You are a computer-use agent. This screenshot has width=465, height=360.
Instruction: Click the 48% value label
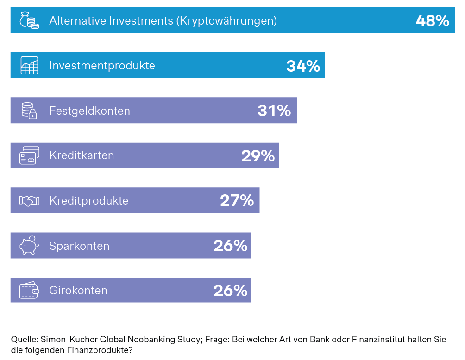[x=432, y=21]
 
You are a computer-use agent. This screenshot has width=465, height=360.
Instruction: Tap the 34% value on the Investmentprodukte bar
[x=303, y=66]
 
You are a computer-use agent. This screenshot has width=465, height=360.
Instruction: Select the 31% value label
[x=274, y=111]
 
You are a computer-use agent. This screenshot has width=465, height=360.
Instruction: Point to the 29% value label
[x=258, y=156]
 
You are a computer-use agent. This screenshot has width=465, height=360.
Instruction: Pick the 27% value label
[x=237, y=201]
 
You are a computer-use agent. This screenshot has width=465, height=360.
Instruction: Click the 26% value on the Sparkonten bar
[x=230, y=246]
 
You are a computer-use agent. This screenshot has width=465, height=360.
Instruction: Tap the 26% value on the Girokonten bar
[x=230, y=291]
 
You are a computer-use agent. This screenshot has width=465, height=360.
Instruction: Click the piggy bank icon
[x=29, y=245]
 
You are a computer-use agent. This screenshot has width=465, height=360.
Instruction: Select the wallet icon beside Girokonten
[x=29, y=290]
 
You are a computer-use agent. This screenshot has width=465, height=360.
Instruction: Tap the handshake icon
[x=29, y=201]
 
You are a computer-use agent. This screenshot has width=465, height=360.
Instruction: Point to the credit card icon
[x=29, y=156]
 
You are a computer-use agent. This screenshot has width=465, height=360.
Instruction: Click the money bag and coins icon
[x=29, y=20]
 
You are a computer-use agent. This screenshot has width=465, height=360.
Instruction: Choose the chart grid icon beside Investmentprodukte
[x=29, y=65]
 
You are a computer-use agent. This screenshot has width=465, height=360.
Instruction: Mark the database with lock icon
[x=29, y=111]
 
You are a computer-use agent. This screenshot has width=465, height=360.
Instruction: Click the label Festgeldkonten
[x=89, y=111]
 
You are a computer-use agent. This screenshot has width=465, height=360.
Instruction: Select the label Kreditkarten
[x=82, y=155]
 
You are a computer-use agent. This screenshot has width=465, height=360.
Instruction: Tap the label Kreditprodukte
[x=88, y=201]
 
